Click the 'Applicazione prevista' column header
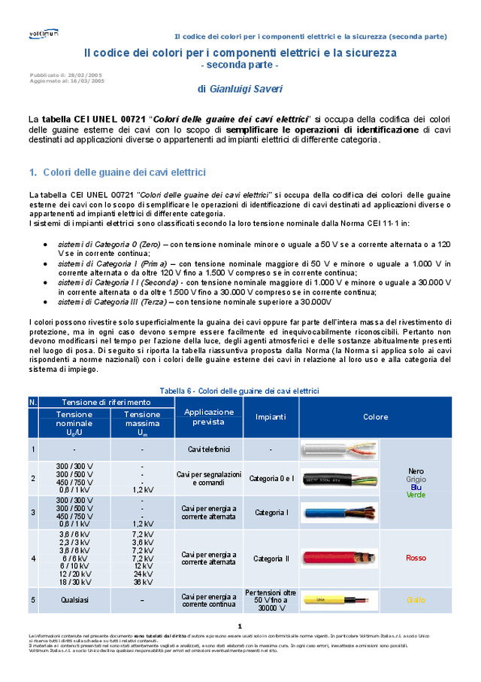[x=209, y=416]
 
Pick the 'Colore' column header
[x=376, y=416]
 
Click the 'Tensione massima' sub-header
[x=142, y=423]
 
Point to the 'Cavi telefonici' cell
[x=209, y=449]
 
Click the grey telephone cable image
[x=340, y=450]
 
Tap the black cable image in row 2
[x=340, y=478]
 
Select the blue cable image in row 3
[x=340, y=513]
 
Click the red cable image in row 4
[x=340, y=558]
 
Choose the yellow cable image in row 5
[x=340, y=600]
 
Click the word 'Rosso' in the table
[x=416, y=558]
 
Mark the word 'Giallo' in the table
[x=416, y=600]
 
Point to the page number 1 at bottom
[x=239, y=626]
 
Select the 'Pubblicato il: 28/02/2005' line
[x=66, y=75]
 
